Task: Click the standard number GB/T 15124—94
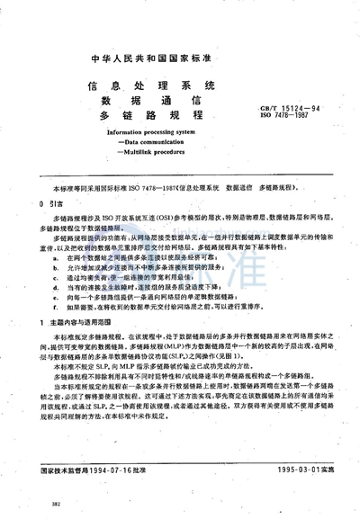point(292,106)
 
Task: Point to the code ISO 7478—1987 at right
point(288,115)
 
